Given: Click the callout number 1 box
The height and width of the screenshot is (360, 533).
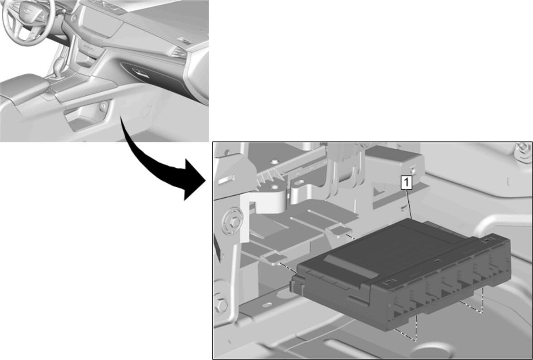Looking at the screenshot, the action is (406, 182).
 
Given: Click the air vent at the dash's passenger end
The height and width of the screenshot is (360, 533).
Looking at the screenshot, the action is (180, 52).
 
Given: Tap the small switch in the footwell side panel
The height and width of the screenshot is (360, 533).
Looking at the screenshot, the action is (103, 106).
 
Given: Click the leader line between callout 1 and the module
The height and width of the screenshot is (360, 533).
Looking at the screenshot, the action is (409, 204).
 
